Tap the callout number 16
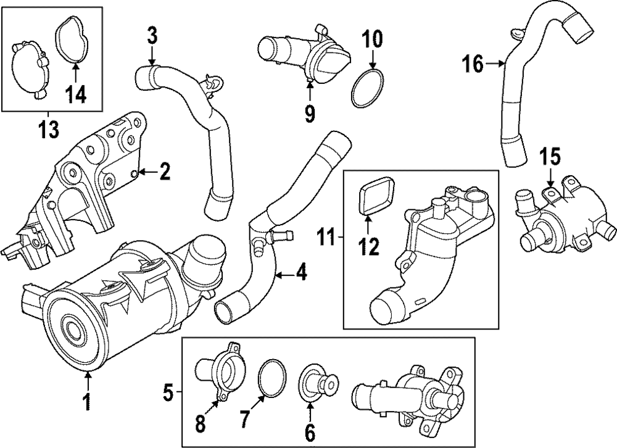(473, 64)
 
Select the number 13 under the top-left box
(48, 128)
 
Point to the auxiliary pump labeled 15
(565, 220)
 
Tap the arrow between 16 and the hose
(495, 64)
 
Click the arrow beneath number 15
(550, 176)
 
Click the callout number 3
(152, 36)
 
